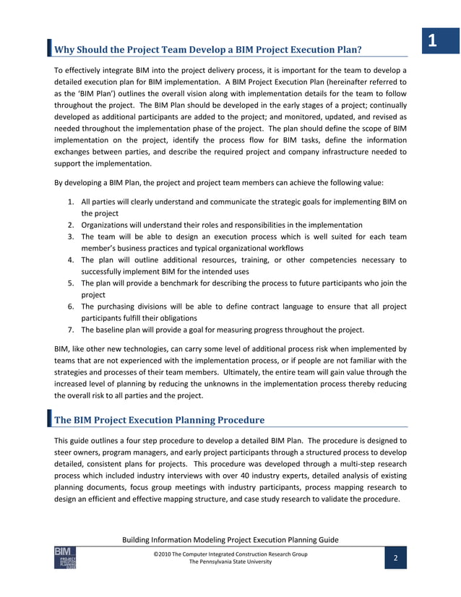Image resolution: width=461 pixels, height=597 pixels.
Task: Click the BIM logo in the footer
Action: pos(65,558)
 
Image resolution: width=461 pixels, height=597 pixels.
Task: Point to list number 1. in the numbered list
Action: pos(73,202)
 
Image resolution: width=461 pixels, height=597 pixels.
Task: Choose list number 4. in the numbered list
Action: pos(73,259)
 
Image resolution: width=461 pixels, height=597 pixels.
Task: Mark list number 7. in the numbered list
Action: pos(73,330)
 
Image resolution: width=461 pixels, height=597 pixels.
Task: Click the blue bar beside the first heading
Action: pos(49,48)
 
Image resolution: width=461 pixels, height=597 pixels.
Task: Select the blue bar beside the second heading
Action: pos(49,419)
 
